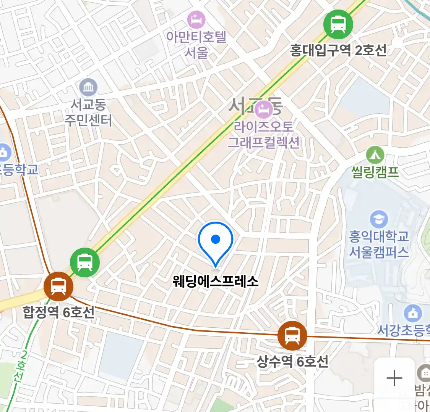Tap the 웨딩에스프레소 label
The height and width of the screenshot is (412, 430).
coord(216,282)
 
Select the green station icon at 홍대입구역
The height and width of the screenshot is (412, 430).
coord(338,24)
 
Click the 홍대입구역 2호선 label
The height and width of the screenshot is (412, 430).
coord(338,50)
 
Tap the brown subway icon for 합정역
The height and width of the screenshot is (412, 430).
coord(58,286)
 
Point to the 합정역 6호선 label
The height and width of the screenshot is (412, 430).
coord(58,312)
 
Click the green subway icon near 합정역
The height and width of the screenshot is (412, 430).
coord(85,262)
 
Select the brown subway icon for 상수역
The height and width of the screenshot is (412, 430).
coord(292,336)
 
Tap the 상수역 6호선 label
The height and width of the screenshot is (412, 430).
coord(292,361)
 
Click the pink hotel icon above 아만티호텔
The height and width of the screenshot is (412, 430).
coord(196,19)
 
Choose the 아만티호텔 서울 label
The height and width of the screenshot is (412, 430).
coord(196,44)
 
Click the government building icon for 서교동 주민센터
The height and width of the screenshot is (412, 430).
coord(88,88)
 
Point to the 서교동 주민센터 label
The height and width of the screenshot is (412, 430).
coord(88,113)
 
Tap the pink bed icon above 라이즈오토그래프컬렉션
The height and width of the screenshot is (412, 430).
coord(264,109)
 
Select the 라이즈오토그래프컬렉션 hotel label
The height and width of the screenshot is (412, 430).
coord(264,134)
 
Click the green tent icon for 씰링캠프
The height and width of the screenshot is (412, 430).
coord(375,155)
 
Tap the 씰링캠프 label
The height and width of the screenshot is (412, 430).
coord(375,172)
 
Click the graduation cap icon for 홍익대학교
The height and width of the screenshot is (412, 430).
coord(379,219)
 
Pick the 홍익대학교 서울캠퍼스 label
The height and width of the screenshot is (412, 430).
coord(379,244)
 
